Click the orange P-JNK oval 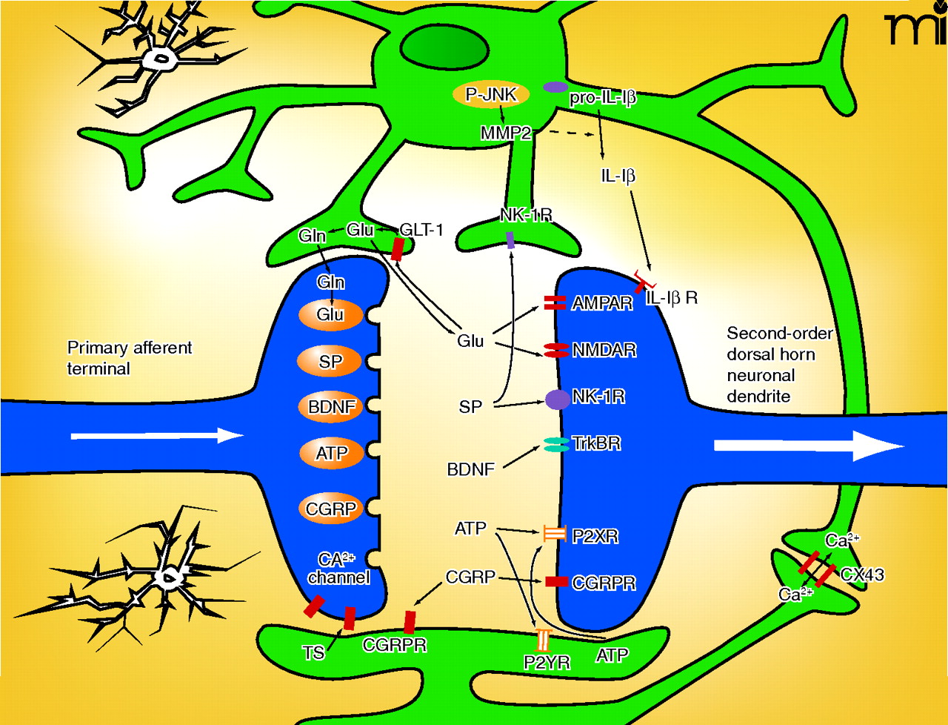[x=491, y=95]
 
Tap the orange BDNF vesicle [x=332, y=407]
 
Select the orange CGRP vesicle [x=331, y=509]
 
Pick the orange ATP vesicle [x=331, y=453]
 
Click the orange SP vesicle [x=330, y=362]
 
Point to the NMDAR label [x=604, y=350]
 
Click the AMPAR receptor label [x=601, y=302]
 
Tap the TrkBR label [x=596, y=443]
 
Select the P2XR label [x=595, y=536]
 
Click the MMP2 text [x=506, y=133]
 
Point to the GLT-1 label [x=421, y=230]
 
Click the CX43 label [x=862, y=575]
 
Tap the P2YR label [x=547, y=662]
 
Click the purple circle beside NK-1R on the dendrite [x=557, y=399]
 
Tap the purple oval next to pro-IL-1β [x=555, y=87]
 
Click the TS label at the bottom [x=313, y=652]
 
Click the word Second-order [x=779, y=334]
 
